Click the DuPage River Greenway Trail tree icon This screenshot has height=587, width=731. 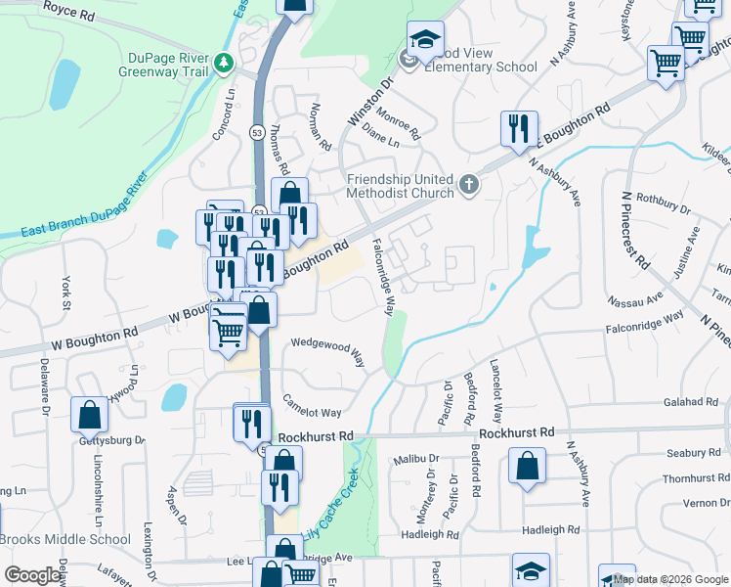226,63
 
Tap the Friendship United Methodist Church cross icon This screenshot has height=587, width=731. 470,183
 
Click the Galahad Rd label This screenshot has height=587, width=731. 691,402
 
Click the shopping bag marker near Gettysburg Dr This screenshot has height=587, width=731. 89,416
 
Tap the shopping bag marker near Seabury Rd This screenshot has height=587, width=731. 527,468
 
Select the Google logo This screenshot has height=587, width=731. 32,575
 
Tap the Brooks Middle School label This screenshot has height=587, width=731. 64,539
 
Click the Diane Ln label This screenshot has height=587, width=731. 381,143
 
